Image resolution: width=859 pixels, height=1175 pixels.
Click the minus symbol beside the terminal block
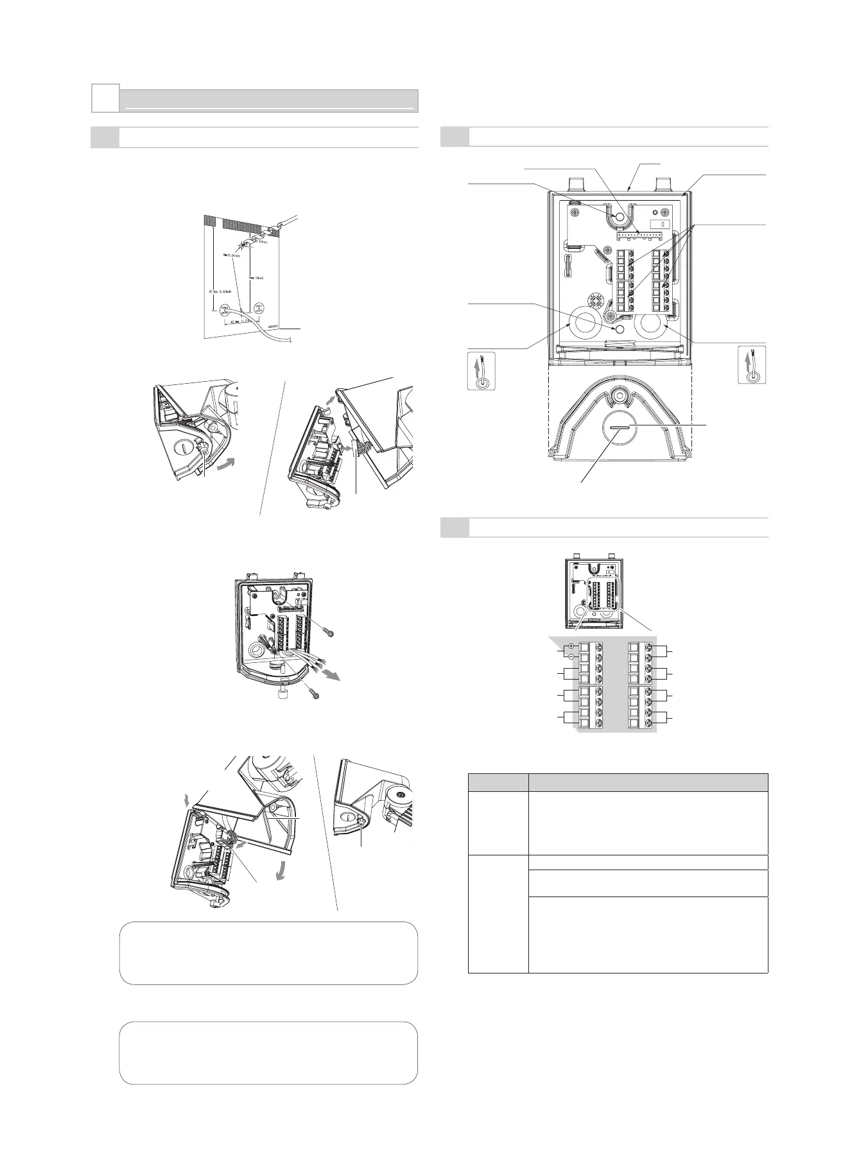[x=571, y=656]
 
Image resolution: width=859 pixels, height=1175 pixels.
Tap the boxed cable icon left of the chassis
[x=478, y=371]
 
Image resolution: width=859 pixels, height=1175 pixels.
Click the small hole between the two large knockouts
[x=620, y=329]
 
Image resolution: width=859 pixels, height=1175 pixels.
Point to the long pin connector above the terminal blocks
[x=638, y=236]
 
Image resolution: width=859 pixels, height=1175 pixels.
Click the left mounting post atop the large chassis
[x=577, y=184]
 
